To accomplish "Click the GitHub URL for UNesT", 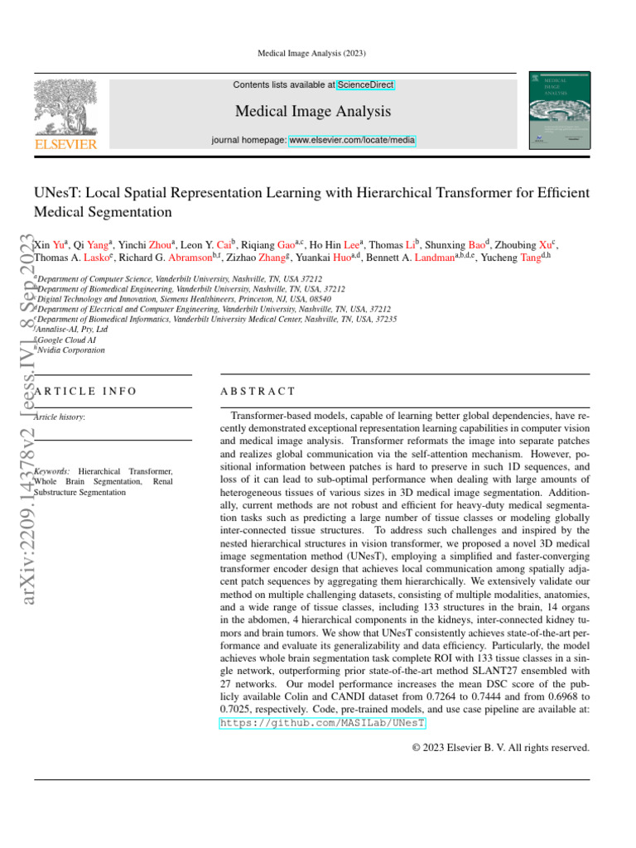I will tap(323, 723).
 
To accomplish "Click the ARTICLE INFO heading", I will tap(85, 390).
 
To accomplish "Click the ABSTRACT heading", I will tap(258, 390).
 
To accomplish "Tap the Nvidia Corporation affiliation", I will tap(71, 350).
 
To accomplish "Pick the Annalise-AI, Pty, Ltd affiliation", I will tap(73, 329).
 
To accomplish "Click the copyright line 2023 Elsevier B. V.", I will tap(500, 748).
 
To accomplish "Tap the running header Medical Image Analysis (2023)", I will tap(318, 54).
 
